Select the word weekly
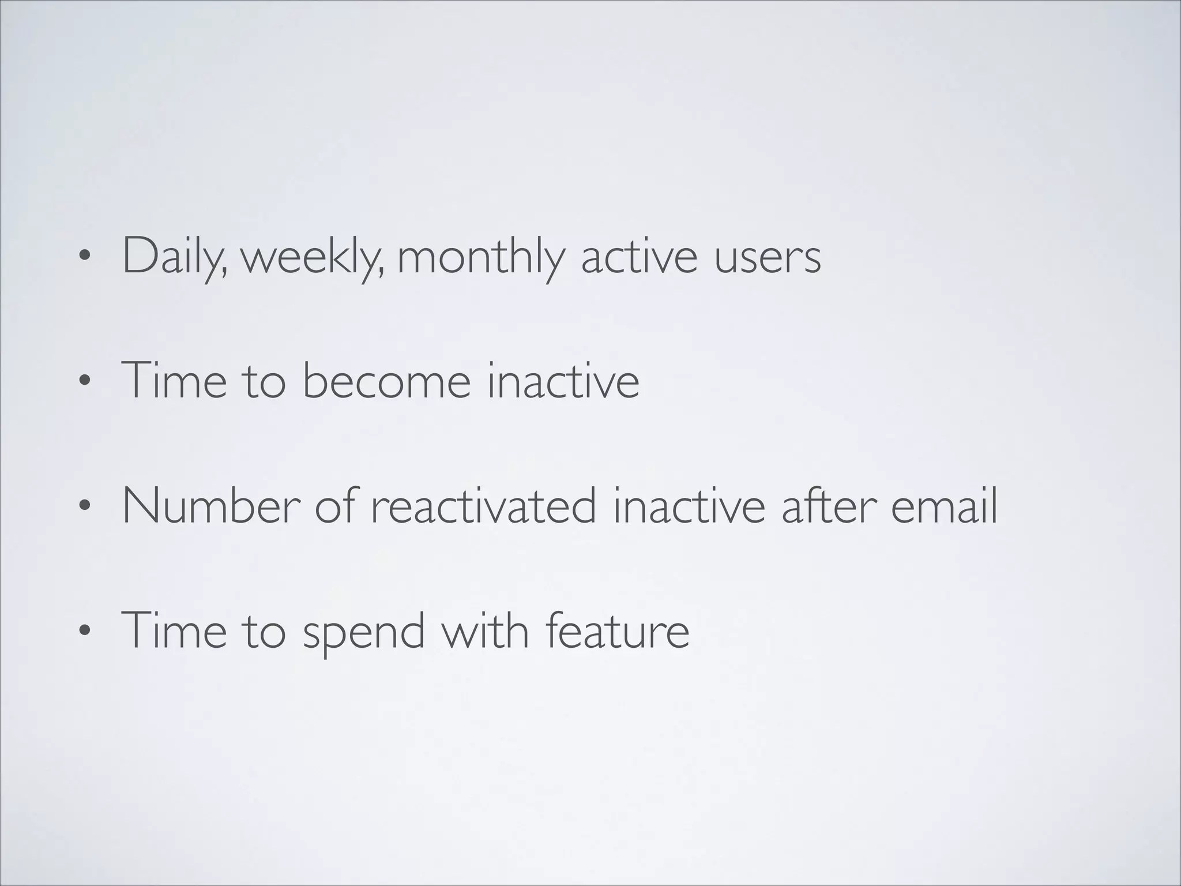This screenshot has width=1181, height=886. [x=311, y=257]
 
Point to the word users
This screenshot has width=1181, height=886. [x=768, y=257]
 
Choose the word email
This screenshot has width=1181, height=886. [x=944, y=506]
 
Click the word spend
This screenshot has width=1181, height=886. [x=364, y=632]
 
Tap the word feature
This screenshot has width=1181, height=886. [x=617, y=630]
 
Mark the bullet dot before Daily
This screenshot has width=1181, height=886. [x=85, y=257]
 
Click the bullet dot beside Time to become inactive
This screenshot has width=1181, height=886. [x=85, y=381]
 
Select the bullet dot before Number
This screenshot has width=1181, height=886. [x=85, y=506]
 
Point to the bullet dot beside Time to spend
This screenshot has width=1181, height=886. [x=85, y=631]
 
